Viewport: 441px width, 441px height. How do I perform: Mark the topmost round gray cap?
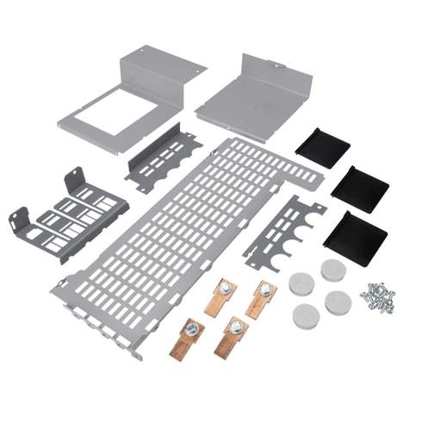(x=332, y=270)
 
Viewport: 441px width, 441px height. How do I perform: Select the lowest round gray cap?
(x=306, y=310)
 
